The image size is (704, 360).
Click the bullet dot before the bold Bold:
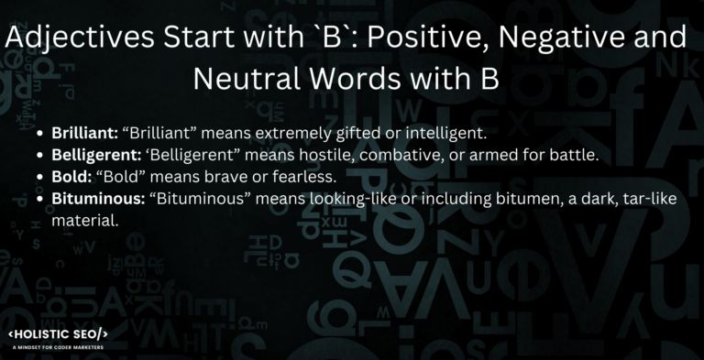point(41,178)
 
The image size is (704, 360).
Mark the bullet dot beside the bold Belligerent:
point(41,156)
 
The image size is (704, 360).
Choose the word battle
point(574,155)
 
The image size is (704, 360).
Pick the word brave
point(226,177)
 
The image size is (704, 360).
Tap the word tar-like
point(647,199)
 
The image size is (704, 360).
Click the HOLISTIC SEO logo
point(59,333)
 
